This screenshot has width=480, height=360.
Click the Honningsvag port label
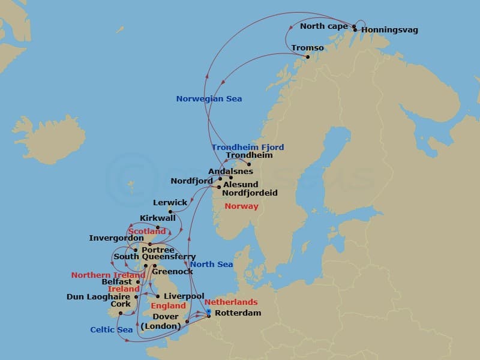390,30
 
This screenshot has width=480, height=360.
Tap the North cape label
323,26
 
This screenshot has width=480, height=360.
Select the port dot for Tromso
308,57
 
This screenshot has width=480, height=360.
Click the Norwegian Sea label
209,99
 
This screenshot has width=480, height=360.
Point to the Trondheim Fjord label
248,147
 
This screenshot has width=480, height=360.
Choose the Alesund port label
240,185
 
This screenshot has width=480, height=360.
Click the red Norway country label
241,206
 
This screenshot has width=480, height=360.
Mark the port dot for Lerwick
170,211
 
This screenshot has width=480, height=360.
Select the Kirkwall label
157,218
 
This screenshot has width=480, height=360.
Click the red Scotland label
146,231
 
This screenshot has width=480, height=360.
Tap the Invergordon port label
116,238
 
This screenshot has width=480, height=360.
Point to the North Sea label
211,265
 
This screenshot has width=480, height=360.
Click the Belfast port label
116,281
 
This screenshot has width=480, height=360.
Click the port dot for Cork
121,313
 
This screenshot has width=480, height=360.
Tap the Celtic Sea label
112,329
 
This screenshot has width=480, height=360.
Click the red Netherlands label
231,302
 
